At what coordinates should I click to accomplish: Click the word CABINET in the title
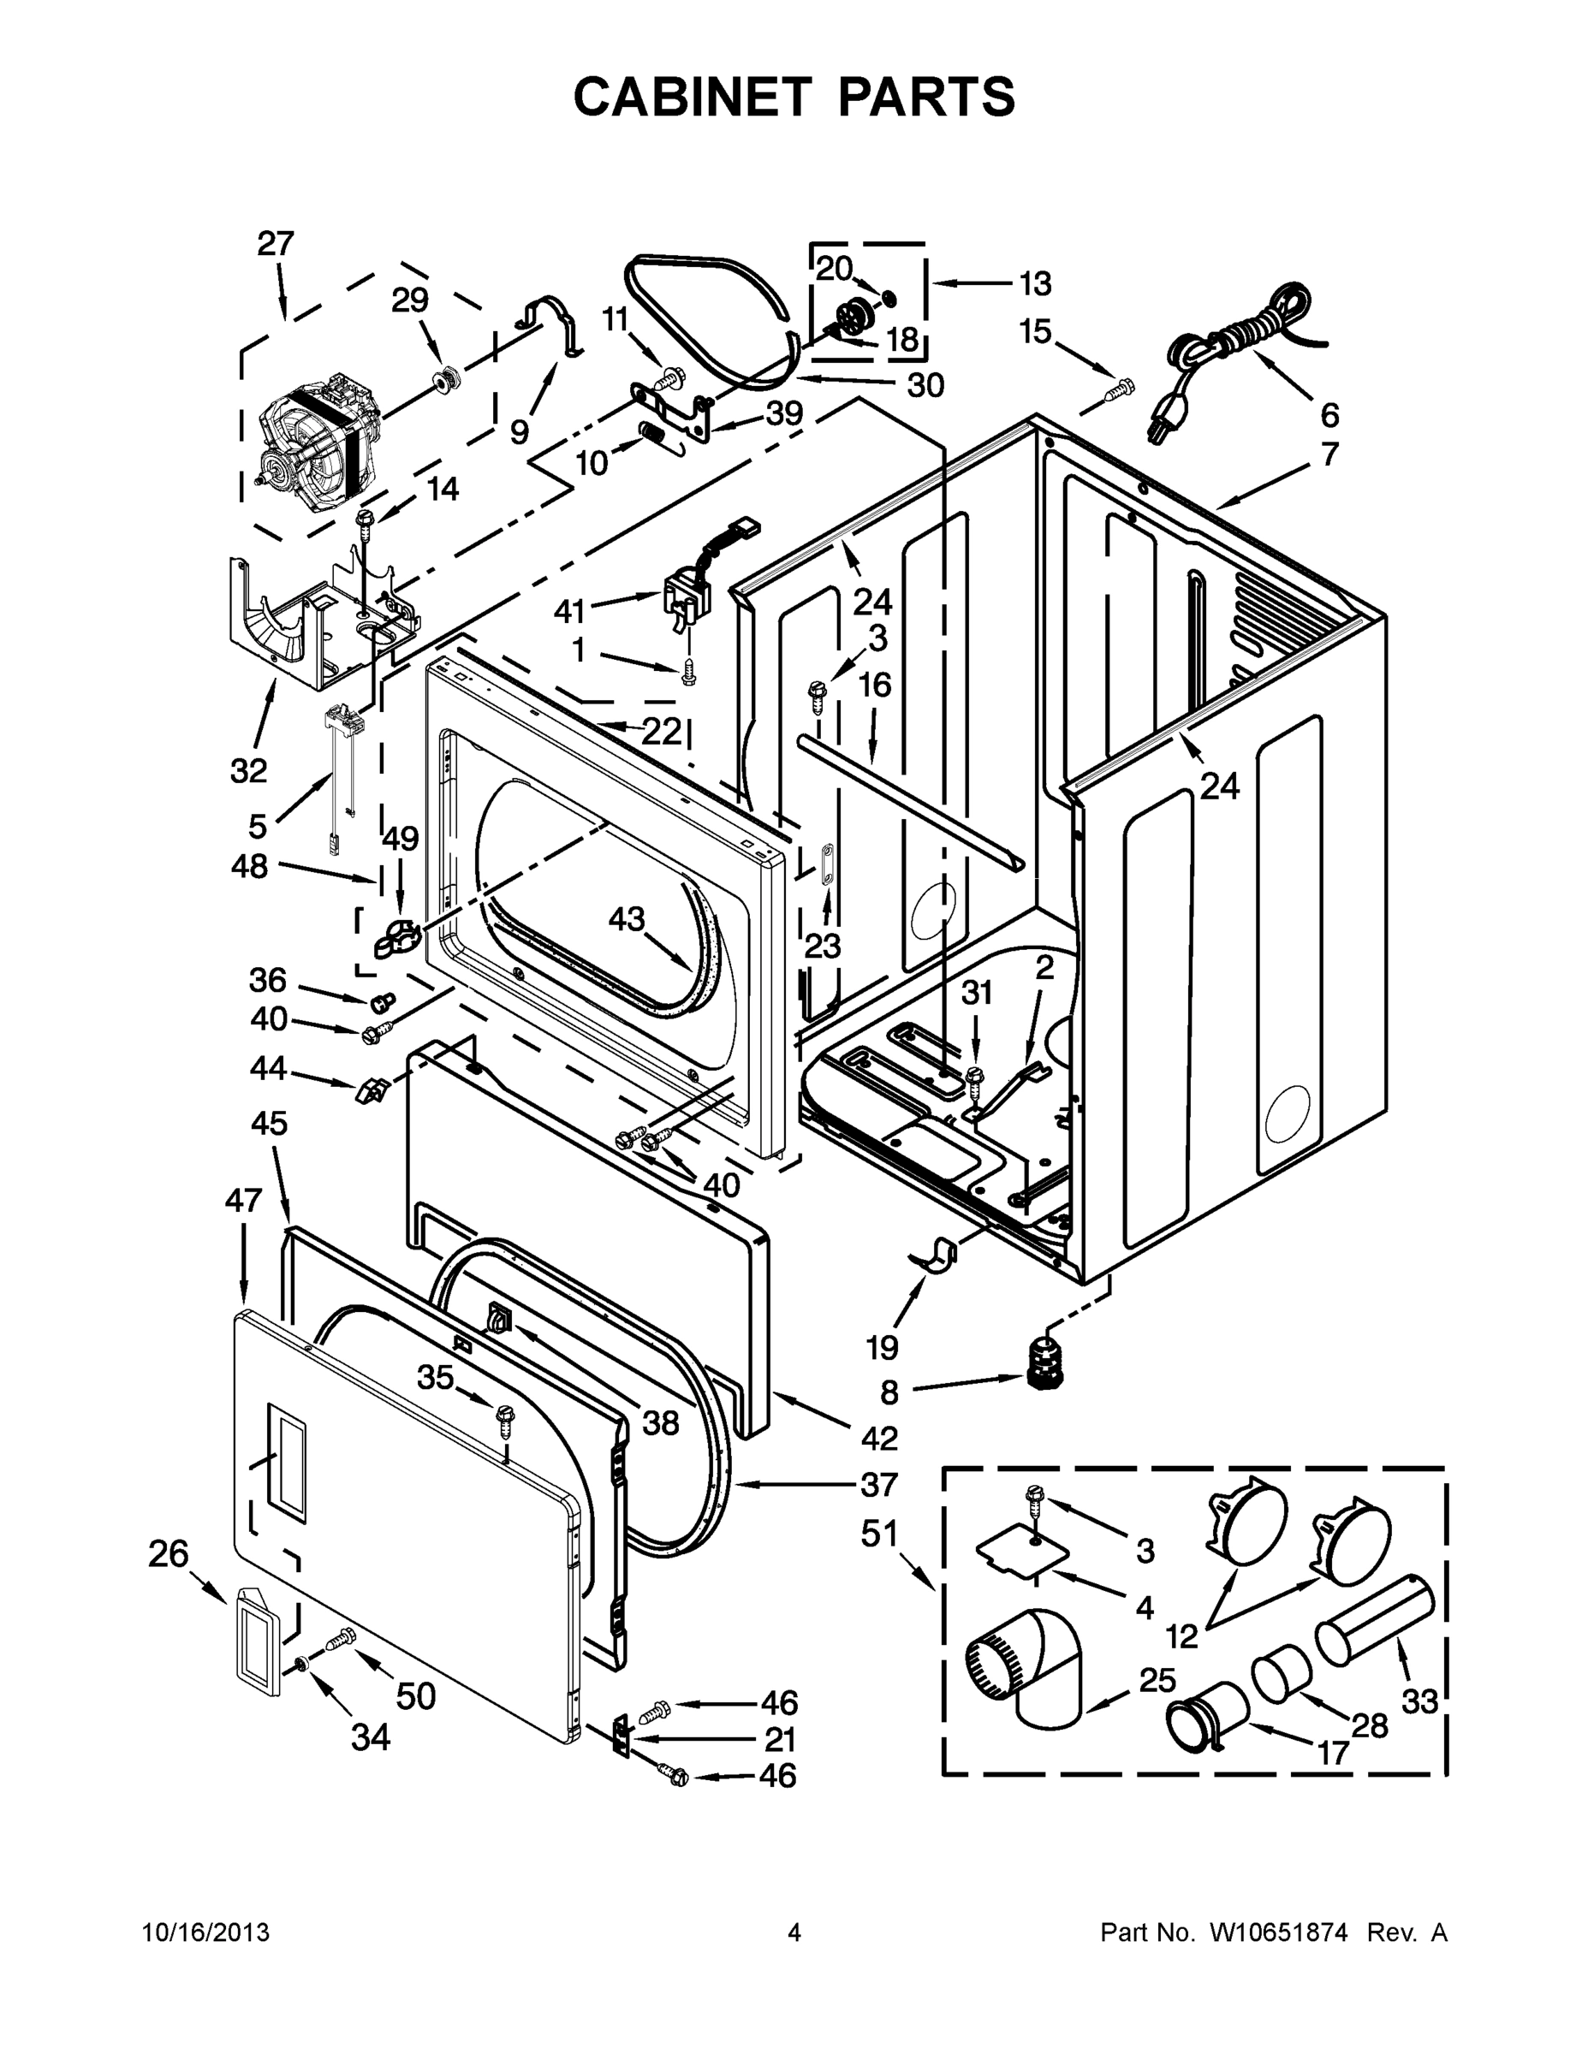[692, 97]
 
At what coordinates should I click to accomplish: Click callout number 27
[276, 244]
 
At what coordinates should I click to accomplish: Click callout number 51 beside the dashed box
[881, 1534]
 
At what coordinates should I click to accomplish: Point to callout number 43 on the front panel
[626, 919]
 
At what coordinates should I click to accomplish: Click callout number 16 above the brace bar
[875, 685]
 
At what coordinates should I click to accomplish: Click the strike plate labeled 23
[827, 864]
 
